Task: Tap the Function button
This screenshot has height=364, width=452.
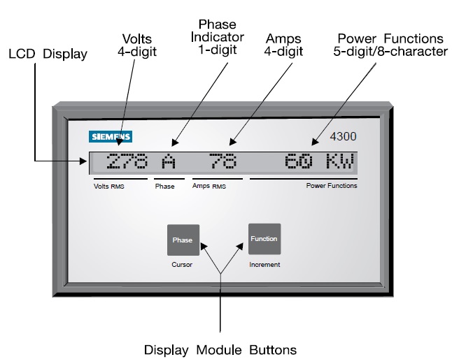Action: (x=264, y=239)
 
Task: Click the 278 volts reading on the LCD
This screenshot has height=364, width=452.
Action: (x=124, y=163)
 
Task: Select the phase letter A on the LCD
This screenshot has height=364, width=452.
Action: (x=169, y=163)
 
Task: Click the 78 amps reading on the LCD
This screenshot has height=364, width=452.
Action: (x=223, y=163)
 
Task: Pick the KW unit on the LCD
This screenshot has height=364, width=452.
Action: (x=341, y=163)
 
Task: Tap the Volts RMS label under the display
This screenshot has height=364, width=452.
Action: (x=108, y=187)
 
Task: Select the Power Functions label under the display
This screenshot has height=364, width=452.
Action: (x=332, y=187)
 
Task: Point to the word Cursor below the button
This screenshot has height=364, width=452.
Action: (x=182, y=265)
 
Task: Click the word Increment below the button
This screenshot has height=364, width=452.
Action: (x=264, y=265)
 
